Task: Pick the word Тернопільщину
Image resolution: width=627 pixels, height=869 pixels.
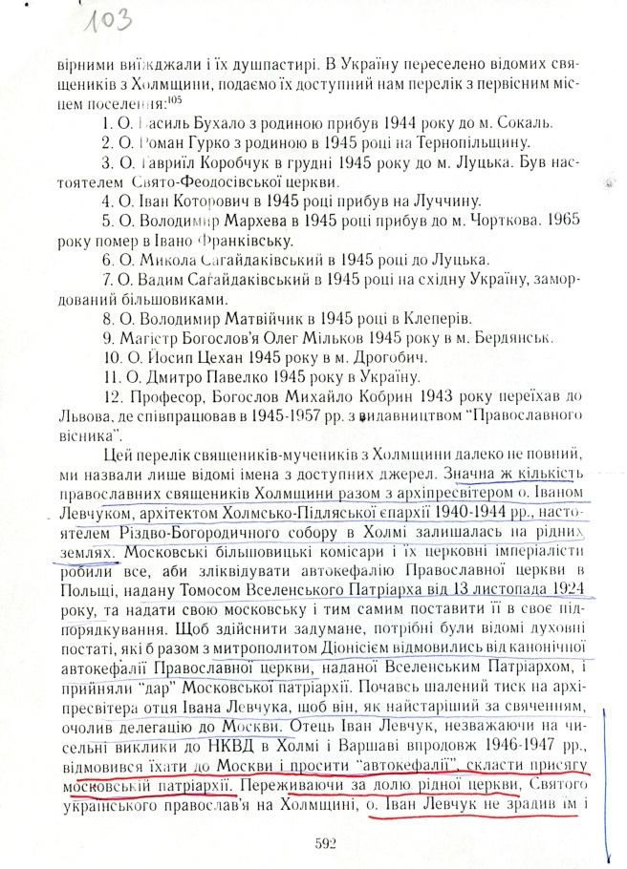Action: click(x=455, y=143)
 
